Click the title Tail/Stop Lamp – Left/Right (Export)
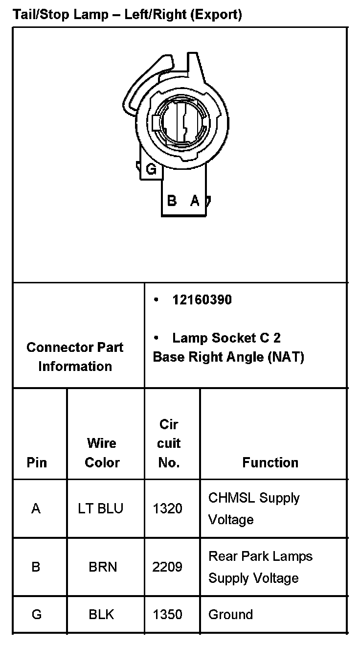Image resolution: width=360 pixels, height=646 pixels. [x=127, y=15]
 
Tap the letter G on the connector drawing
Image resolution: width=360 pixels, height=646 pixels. [x=151, y=169]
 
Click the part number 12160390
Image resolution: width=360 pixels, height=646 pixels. [x=202, y=300]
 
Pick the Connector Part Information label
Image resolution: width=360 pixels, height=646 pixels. [x=75, y=357]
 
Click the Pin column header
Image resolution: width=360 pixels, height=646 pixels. [x=37, y=462]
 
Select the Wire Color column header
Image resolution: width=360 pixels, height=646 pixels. [x=102, y=453]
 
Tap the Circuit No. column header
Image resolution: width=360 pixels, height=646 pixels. [x=169, y=443]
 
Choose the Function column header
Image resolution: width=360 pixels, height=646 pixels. [x=270, y=462]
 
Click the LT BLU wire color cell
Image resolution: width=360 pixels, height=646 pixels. [x=101, y=508]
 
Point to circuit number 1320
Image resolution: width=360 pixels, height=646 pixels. [x=167, y=508]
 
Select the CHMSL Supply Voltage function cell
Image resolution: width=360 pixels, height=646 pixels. [x=253, y=508]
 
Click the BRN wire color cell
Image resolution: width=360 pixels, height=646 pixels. [x=103, y=567]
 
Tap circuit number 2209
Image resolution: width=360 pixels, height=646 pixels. [x=167, y=567]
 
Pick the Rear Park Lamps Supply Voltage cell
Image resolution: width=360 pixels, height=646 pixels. [x=260, y=567]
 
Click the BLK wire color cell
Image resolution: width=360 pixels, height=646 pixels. [x=101, y=614]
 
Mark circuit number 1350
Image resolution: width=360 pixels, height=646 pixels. [x=167, y=614]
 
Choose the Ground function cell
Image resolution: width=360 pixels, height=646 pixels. [x=230, y=614]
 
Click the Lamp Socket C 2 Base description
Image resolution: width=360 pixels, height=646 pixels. [x=228, y=347]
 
